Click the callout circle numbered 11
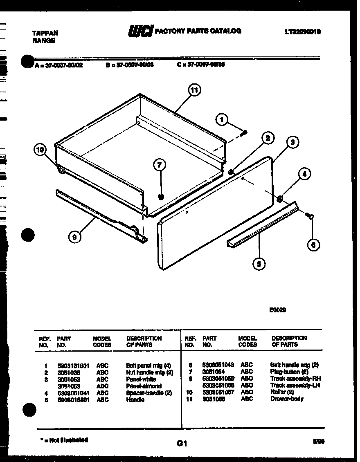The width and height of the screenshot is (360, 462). pyautogui.click(x=194, y=90)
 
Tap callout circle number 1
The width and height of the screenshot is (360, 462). pyautogui.click(x=222, y=120)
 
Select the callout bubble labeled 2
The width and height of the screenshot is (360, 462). pyautogui.click(x=268, y=138)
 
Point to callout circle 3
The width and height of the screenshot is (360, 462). pyautogui.click(x=292, y=143)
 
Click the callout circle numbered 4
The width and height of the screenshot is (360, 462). pyautogui.click(x=304, y=174)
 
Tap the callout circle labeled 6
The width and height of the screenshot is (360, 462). pyautogui.click(x=313, y=244)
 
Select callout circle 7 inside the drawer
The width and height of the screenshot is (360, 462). pyautogui.click(x=160, y=165)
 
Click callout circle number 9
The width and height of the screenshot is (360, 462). pyautogui.click(x=74, y=236)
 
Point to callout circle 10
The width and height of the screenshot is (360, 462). pyautogui.click(x=40, y=150)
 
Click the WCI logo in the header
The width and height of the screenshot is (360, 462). pyautogui.click(x=140, y=31)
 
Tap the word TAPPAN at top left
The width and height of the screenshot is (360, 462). pyautogui.click(x=45, y=33)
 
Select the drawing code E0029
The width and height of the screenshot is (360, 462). pyautogui.click(x=277, y=310)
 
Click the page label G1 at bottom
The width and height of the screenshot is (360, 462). pyautogui.click(x=182, y=443)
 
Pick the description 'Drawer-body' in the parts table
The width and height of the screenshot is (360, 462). pyautogui.click(x=287, y=399)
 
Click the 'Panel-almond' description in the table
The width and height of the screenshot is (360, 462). pyautogui.click(x=144, y=386)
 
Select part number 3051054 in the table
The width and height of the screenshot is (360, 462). pyautogui.click(x=214, y=372)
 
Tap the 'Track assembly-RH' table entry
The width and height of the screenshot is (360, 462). pyautogui.click(x=295, y=379)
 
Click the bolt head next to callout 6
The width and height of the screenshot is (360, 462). pyautogui.click(x=310, y=216)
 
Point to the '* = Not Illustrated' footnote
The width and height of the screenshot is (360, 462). pyautogui.click(x=64, y=440)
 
